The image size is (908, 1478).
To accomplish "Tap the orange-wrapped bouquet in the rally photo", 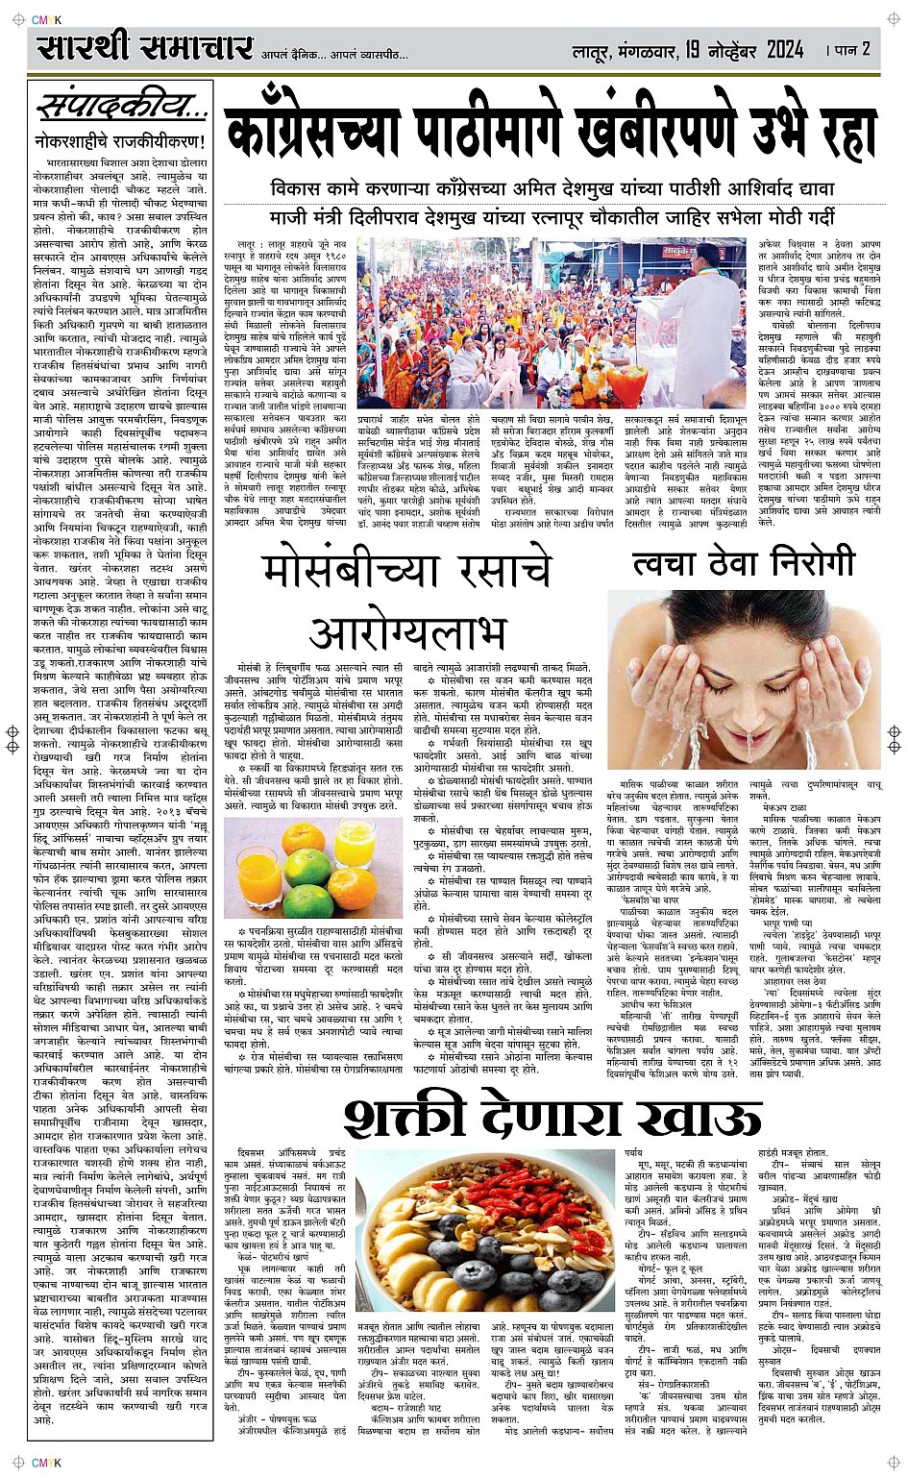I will tap(629, 385).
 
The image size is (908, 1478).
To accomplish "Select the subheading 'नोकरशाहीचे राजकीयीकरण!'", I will tap(119, 142).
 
